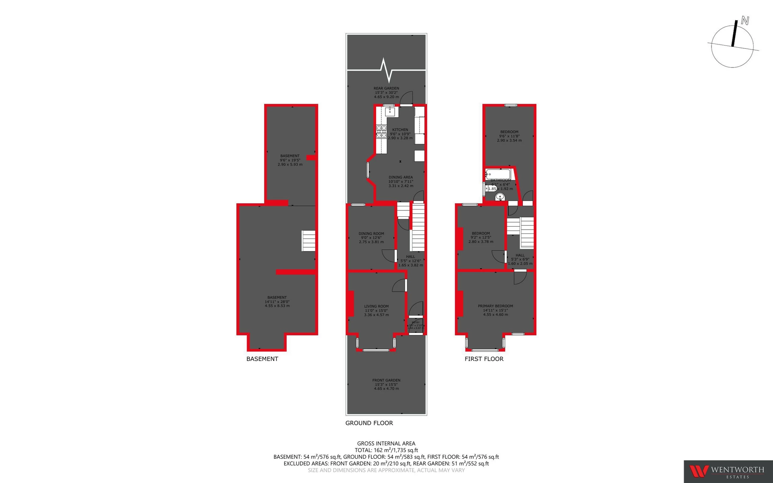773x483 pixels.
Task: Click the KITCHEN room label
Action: click(400, 130)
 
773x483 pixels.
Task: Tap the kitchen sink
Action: click(390, 112)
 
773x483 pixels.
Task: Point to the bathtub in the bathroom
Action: click(498, 174)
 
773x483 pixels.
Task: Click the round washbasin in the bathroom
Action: click(499, 197)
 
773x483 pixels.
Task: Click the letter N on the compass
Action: click(745, 21)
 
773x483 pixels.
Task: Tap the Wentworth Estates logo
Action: click(728, 471)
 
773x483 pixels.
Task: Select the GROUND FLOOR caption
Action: click(369, 423)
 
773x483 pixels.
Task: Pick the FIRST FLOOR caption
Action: click(484, 359)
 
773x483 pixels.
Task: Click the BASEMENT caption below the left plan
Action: click(262, 359)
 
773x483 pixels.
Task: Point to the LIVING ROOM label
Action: click(376, 306)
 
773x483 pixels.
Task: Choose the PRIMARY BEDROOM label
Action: click(495, 306)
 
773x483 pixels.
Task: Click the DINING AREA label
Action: click(401, 177)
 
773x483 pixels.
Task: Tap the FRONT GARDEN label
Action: click(386, 380)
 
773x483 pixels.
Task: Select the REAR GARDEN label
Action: click(386, 88)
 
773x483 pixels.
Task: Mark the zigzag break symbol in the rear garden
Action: click(386, 70)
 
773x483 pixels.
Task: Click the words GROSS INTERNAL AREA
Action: click(386, 443)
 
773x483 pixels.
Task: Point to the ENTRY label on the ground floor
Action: click(416, 322)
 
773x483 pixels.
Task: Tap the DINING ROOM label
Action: click(371, 233)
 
